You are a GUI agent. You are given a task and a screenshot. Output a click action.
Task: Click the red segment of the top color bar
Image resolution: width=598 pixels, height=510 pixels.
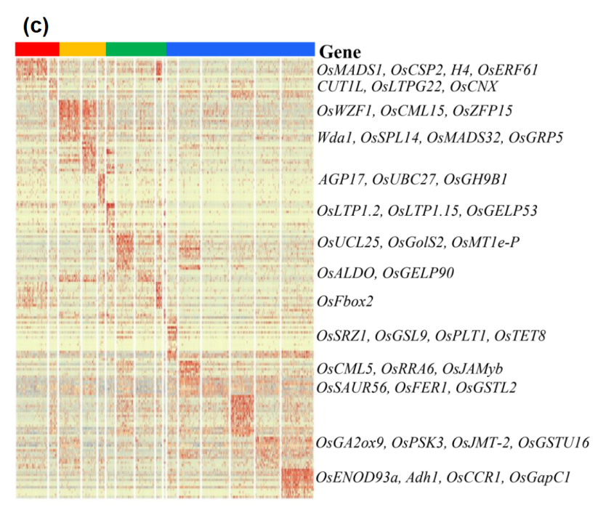(37, 49)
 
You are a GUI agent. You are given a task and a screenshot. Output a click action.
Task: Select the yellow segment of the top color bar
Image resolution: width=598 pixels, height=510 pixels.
(82, 49)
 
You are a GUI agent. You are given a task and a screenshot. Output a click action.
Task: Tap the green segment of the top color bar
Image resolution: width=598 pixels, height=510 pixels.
(136, 49)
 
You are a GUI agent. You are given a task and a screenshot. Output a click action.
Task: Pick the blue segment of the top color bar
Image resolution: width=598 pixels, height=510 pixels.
(240, 49)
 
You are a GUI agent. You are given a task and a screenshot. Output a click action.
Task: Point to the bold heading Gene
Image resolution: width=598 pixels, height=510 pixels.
(340, 52)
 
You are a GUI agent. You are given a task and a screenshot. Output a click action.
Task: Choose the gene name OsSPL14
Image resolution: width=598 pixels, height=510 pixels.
(385, 137)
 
